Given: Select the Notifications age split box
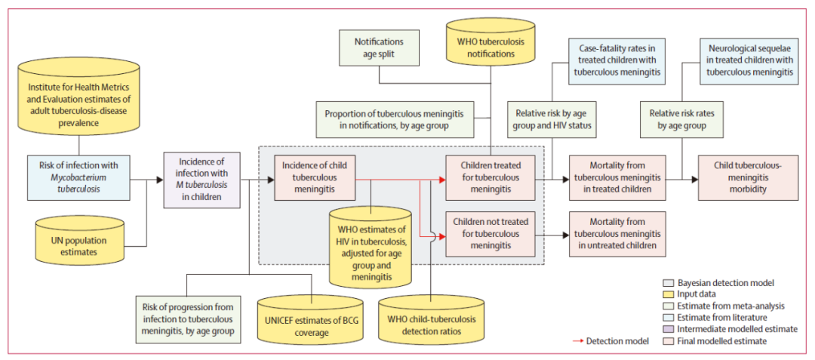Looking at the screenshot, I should (379, 48).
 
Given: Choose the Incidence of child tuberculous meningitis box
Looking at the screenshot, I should (315, 178).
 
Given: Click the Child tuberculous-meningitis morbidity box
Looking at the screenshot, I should (748, 178).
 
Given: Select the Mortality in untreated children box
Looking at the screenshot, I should (617, 234).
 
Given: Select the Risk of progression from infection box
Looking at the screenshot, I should (186, 318).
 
